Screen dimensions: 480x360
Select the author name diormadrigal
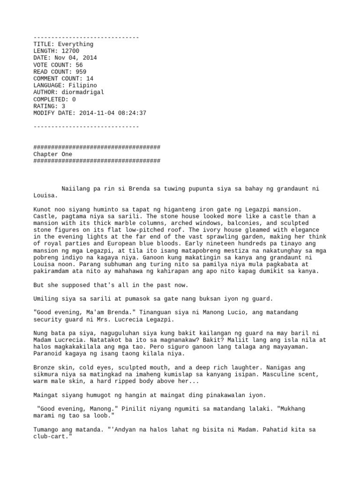pyautogui.click(x=83, y=92)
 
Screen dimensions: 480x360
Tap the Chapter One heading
pyautogui.click(x=53, y=154)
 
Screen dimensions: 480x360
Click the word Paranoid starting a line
pyautogui.click(x=48, y=353)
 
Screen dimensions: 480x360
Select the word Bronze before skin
pyautogui.click(x=44, y=367)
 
